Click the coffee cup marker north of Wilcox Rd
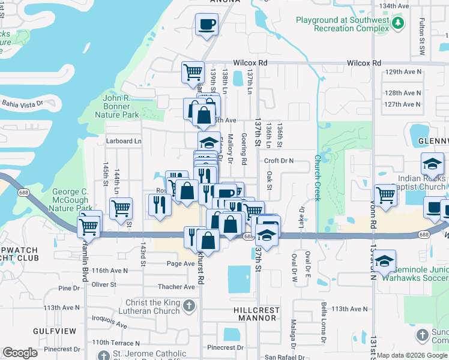[207, 25]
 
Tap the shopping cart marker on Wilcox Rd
[193, 72]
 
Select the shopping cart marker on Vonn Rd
[385, 194]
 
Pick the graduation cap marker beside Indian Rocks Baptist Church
[432, 164]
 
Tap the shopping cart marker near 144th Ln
[121, 208]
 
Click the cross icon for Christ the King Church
[188, 307]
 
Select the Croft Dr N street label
[279, 161]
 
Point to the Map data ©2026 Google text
[411, 355]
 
